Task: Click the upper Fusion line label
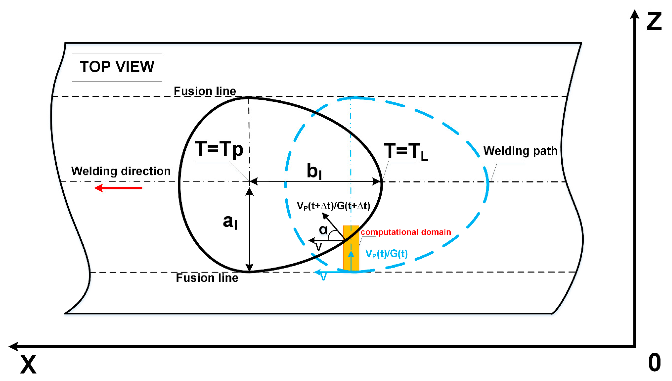tap(205, 91)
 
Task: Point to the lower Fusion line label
tap(207, 278)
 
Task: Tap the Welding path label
tap(520, 151)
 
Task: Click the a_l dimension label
tap(230, 221)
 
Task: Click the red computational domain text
tap(406, 232)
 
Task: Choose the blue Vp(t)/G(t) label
tap(386, 254)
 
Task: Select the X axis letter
tap(28, 364)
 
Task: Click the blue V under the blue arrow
tap(324, 277)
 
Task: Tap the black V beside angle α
tap(318, 247)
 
